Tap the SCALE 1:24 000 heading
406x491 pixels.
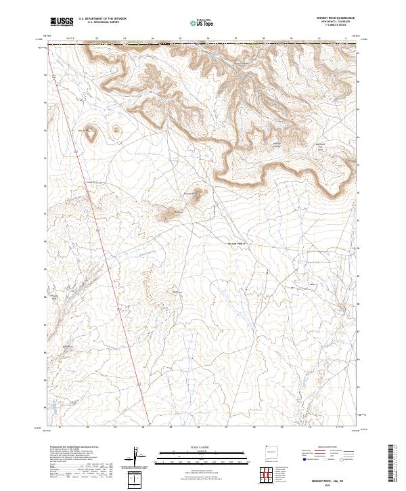195,446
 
